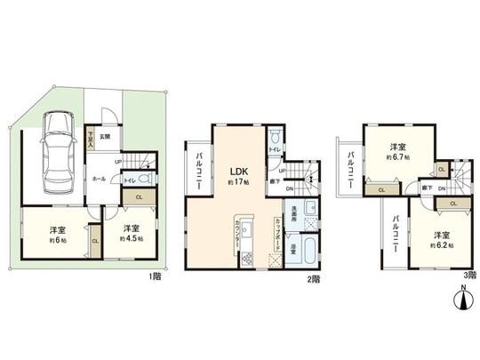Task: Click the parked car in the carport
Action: pyautogui.click(x=54, y=147)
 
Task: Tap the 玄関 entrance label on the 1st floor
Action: pyautogui.click(x=104, y=136)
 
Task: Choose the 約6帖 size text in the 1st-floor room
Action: pyautogui.click(x=53, y=238)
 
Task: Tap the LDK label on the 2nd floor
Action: pyautogui.click(x=239, y=172)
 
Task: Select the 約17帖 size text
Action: pyautogui.click(x=239, y=183)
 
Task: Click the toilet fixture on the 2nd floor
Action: pyautogui.click(x=277, y=137)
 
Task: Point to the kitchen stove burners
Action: pyautogui.click(x=248, y=259)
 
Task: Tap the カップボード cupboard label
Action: pyautogui.click(x=281, y=233)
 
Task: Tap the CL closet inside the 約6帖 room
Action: pyautogui.click(x=94, y=241)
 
